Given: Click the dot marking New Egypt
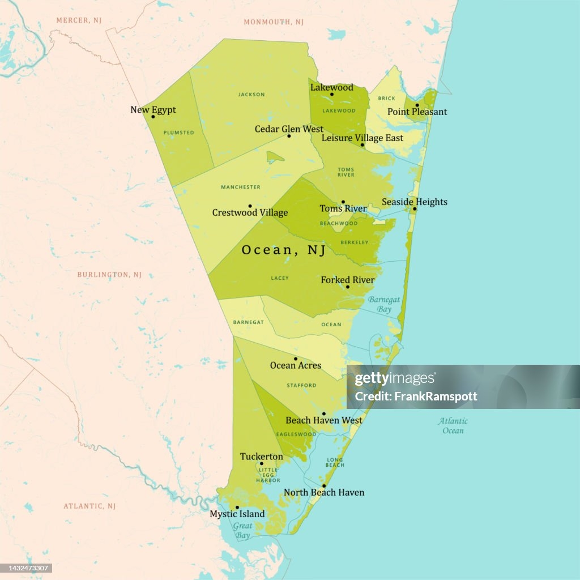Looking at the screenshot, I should pos(153,117).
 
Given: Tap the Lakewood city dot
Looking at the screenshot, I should pos(332,95).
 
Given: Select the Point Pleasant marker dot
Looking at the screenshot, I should pos(417,105).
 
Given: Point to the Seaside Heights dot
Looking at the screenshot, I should pos(415,209).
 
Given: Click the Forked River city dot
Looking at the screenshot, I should pos(347,287).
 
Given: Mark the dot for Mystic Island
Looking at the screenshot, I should pos(237,507).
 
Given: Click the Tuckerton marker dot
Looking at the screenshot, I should pos(261,463).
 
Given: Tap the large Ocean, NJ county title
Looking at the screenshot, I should pos(284,250).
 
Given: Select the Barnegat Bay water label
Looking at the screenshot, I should pos(383,304).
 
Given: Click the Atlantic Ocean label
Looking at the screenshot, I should pos(453,425).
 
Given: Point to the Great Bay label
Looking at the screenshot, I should pos(242,531).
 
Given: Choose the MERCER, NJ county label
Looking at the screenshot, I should pos(79,20).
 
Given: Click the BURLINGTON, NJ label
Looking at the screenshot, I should pos(109,275).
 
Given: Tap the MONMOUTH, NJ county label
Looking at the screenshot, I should pos(274,22).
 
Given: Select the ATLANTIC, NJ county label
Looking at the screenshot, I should pos(89,506).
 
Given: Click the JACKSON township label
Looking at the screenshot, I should pos(251,95).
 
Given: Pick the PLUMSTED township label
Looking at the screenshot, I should pos(178,133).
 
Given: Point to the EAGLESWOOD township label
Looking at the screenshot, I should pos(296,434).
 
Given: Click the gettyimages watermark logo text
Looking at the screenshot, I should pos(395,379).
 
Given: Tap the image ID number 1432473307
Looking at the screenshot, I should pos(28,568).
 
